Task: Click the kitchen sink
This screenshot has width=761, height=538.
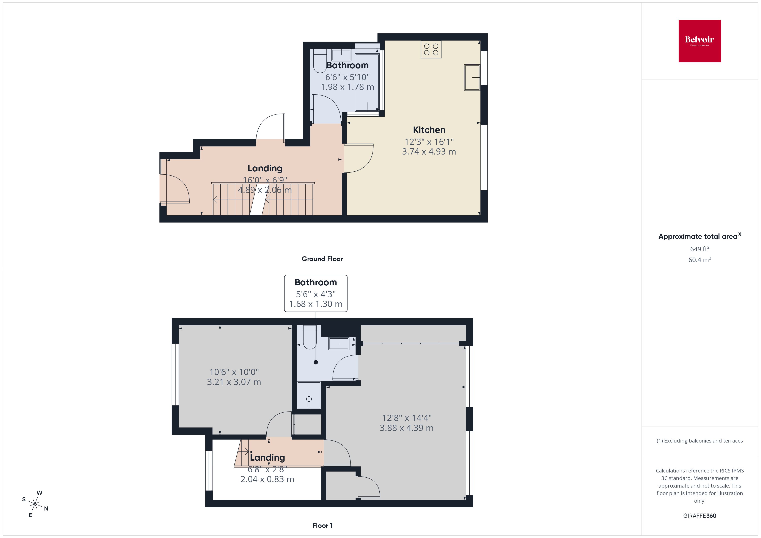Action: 472,78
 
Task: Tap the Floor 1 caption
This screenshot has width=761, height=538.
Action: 322,525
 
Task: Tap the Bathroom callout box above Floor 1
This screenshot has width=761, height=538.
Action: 316,293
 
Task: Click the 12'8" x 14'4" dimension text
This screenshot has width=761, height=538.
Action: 407,418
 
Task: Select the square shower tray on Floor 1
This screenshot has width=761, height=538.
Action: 309,395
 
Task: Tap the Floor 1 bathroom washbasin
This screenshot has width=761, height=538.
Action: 338,344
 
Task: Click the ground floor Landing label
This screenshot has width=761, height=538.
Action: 265,168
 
